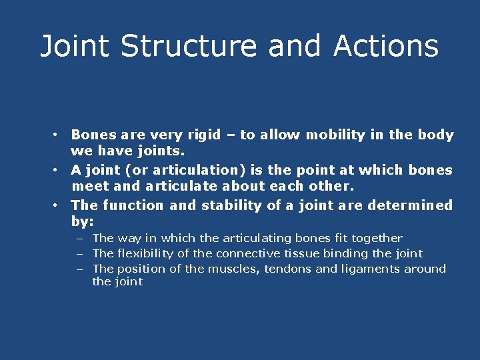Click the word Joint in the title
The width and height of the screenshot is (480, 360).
[75, 47]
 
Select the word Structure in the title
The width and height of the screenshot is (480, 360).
[189, 47]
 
